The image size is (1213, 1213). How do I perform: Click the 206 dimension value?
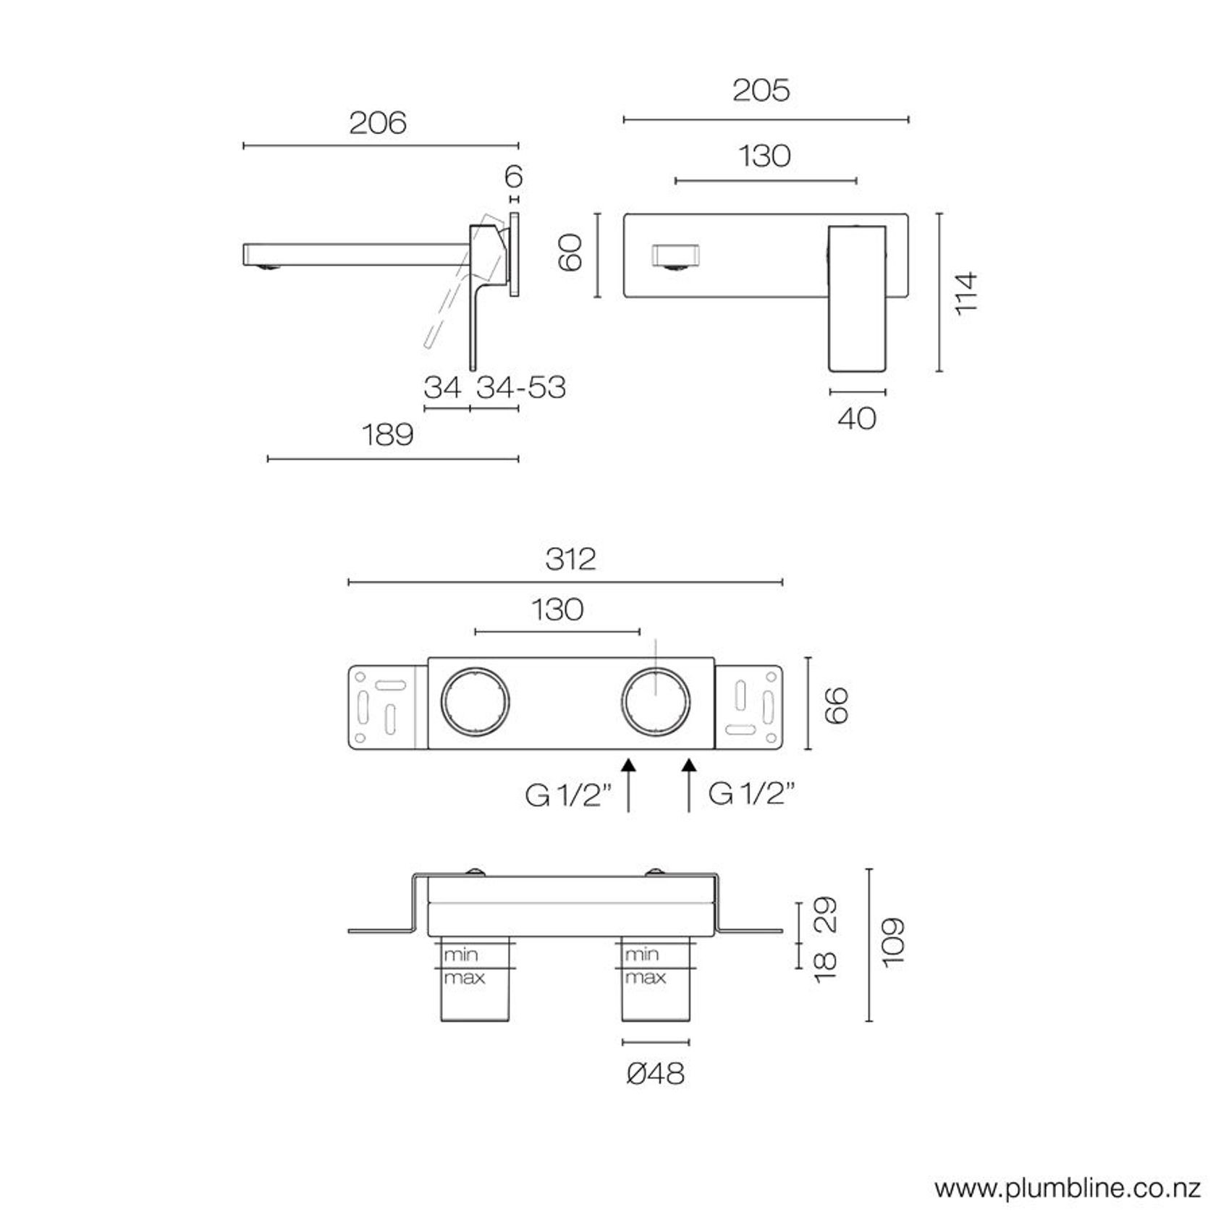coord(377,123)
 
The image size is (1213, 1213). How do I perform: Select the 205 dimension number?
coord(761,91)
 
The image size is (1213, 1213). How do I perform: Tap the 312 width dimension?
coord(570,559)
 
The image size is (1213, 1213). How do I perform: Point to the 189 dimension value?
coord(387,435)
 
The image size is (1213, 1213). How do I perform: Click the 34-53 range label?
coord(520,388)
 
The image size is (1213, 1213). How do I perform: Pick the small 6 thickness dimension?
coord(514,176)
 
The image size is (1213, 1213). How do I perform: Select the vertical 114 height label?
coord(966,292)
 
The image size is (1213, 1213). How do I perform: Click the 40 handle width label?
coord(857,418)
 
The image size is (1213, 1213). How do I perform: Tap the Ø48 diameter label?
coord(655,1073)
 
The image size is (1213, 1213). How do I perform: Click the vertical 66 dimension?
coord(835,705)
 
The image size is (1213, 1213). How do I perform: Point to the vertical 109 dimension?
coord(894,941)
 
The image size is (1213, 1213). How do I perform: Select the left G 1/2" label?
coord(569,795)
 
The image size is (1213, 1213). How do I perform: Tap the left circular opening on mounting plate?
coord(475,703)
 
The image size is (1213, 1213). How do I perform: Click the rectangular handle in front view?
coord(857,298)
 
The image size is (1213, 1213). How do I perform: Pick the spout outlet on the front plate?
coord(676,257)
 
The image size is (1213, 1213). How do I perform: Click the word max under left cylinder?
coord(464,979)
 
